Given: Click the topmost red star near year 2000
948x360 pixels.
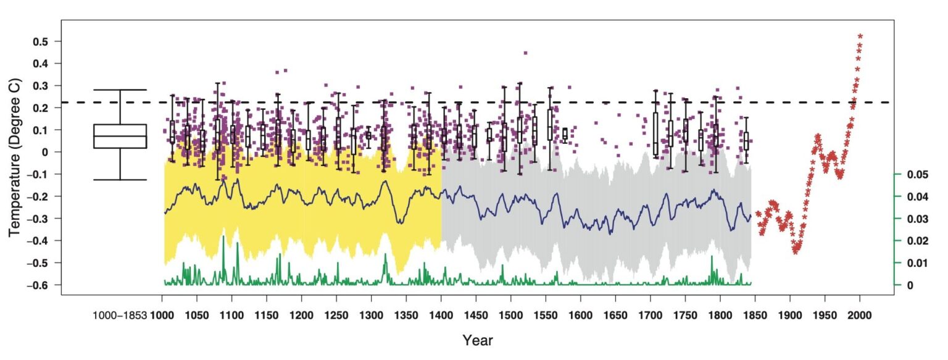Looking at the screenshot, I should click(860, 36).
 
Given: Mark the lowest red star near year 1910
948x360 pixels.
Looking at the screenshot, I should click(797, 251).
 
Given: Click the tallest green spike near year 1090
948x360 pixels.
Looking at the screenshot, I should click(224, 238).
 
